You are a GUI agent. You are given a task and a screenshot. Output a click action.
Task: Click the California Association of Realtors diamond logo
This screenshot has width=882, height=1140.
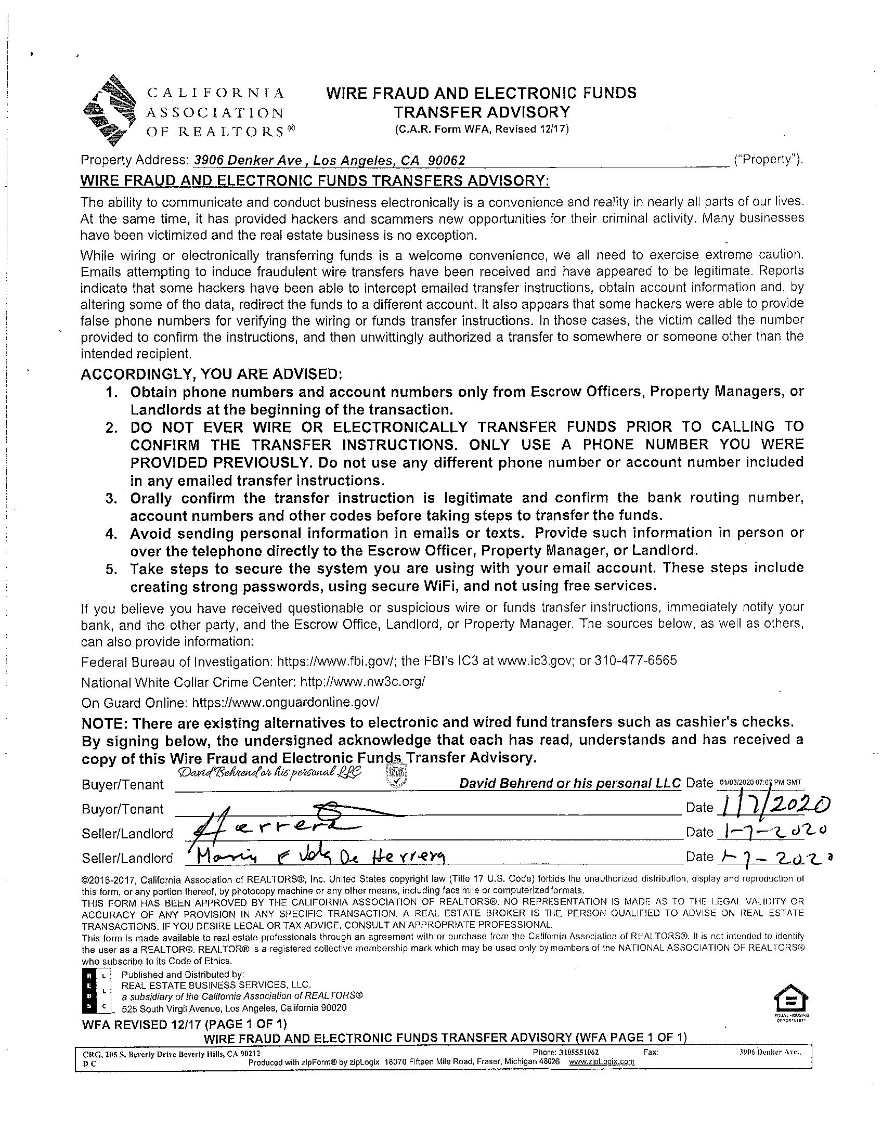pos(109,111)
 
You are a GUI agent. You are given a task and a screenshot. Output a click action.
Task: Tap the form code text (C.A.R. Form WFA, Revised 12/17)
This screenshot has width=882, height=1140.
pos(481,129)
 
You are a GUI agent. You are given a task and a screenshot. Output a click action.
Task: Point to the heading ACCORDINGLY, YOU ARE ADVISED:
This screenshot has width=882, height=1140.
pos(211,374)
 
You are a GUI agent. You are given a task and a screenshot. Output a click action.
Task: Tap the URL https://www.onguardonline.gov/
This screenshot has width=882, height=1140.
pos(286,702)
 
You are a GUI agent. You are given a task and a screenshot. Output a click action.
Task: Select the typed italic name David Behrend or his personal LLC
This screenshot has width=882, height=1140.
pos(570,783)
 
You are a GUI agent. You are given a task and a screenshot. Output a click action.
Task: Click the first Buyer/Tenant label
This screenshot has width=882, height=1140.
pos(123,785)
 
